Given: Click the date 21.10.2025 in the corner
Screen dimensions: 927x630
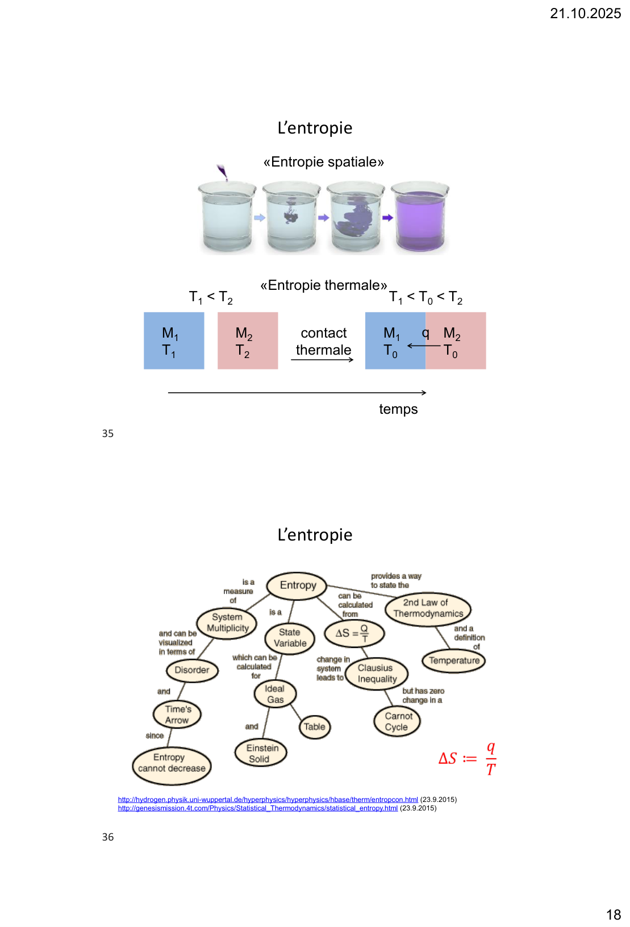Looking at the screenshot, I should pyautogui.click(x=585, y=14).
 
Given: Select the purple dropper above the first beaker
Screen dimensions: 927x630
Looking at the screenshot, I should pyautogui.click(x=222, y=172).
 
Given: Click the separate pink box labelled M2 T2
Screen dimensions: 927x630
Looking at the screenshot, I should pyautogui.click(x=248, y=341).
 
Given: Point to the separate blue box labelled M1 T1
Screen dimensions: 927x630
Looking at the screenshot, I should pyautogui.click(x=174, y=341).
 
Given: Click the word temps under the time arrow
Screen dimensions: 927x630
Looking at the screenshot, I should pyautogui.click(x=398, y=409).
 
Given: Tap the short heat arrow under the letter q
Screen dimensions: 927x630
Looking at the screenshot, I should pyautogui.click(x=424, y=346).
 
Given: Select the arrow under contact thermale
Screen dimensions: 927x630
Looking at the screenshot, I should pyautogui.click(x=322, y=360).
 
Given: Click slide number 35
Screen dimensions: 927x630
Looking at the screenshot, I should pyautogui.click(x=108, y=434).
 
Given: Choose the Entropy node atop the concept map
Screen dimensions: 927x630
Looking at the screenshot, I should pyautogui.click(x=298, y=585).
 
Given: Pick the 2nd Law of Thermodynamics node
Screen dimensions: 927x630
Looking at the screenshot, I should pyautogui.click(x=428, y=609).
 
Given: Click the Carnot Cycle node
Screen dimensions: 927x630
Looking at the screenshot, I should pyautogui.click(x=397, y=722).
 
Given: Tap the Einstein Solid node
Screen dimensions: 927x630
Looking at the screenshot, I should pyautogui.click(x=261, y=754).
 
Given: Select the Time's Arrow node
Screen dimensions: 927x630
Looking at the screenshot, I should pyautogui.click(x=178, y=715).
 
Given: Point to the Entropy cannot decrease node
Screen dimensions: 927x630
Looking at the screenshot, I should pyautogui.click(x=172, y=763).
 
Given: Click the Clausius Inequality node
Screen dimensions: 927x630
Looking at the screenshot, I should pyautogui.click(x=377, y=674).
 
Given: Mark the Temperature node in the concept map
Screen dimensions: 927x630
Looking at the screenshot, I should pyautogui.click(x=454, y=660).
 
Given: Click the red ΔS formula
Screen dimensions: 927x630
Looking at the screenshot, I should pyautogui.click(x=468, y=758).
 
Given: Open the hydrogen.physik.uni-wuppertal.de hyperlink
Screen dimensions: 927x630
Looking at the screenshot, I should pyautogui.click(x=268, y=800).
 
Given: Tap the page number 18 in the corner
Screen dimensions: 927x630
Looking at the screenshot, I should pyautogui.click(x=614, y=914).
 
